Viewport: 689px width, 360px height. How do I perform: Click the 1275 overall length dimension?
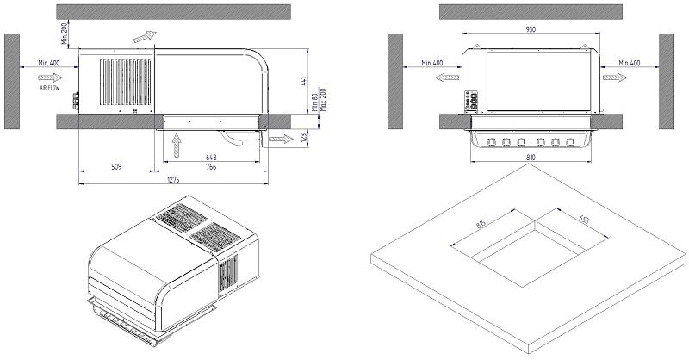coord(173,180)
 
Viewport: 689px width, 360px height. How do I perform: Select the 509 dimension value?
coord(116,166)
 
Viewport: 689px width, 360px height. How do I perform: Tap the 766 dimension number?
coord(211,166)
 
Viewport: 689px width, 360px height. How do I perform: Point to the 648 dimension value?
coord(211,157)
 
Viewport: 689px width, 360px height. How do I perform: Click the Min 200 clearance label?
coord(64,34)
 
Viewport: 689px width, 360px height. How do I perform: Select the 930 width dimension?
coord(531,29)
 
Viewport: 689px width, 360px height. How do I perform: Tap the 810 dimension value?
coord(531,157)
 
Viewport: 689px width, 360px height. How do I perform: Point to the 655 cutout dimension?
coord(584,219)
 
